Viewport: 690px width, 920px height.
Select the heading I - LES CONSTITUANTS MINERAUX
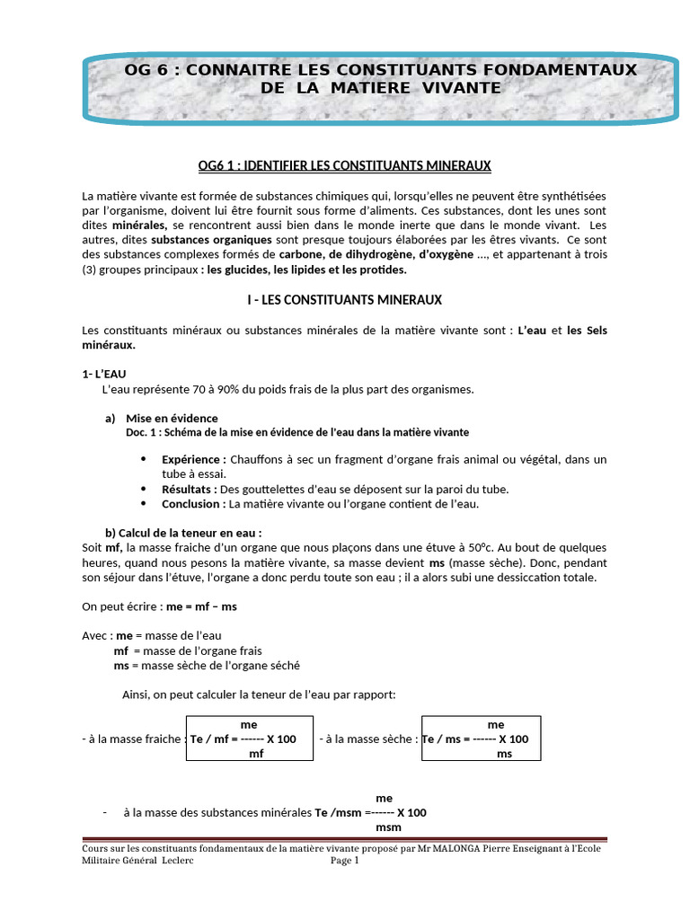click(x=345, y=299)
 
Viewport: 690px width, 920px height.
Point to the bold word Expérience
click(x=193, y=459)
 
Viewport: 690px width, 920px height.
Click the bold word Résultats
click(x=190, y=489)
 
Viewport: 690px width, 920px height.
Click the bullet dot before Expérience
click(x=144, y=459)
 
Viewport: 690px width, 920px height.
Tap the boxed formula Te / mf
click(x=250, y=739)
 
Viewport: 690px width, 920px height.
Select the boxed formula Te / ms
click(x=481, y=739)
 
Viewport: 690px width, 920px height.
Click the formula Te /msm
click(x=370, y=812)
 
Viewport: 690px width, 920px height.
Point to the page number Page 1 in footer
click(x=345, y=860)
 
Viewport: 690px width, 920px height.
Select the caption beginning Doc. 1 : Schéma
click(x=297, y=432)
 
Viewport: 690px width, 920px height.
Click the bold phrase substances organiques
click(x=196, y=241)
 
